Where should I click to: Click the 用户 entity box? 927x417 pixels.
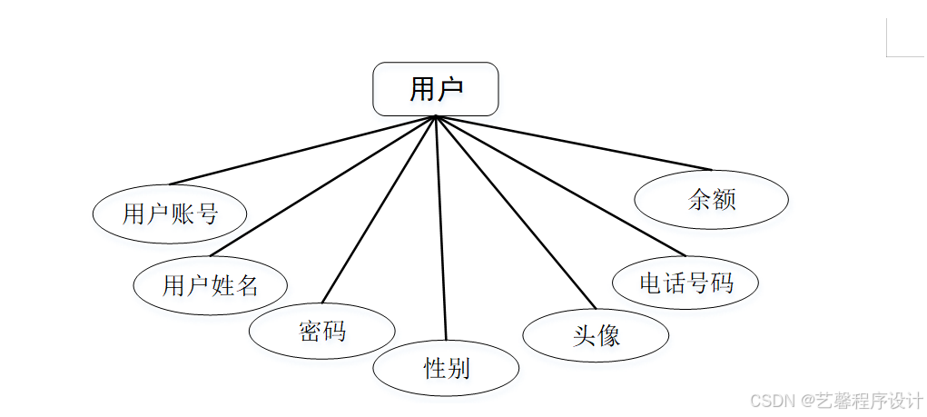tap(436, 89)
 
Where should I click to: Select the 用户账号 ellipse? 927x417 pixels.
tap(170, 214)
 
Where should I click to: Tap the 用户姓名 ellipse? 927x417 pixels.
tap(210, 286)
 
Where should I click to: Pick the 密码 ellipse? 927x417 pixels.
tap(322, 331)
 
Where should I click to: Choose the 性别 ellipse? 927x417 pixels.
tap(446, 368)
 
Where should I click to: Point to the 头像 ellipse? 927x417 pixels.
tap(596, 336)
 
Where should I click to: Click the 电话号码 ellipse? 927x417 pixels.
tap(685, 283)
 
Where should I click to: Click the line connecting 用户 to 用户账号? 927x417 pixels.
tap(302, 150)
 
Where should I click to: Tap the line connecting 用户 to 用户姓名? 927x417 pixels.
tap(323, 186)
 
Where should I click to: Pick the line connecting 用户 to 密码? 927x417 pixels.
tap(380, 210)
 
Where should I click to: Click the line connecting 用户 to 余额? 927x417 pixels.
tap(574, 143)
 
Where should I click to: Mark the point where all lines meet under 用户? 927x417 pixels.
tap(437, 116)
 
